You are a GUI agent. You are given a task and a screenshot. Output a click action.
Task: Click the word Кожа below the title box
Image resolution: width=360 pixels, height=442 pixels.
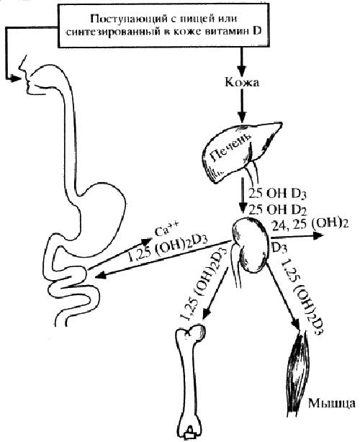click(242, 83)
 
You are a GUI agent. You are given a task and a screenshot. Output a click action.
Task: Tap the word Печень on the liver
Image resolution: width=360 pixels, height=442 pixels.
click(230, 148)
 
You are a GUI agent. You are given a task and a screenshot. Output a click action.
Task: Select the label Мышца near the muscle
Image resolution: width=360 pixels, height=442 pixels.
click(331, 403)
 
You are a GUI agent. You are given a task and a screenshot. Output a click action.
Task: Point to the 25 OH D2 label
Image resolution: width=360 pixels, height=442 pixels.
click(277, 210)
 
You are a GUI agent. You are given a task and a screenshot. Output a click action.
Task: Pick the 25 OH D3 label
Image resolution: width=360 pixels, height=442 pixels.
click(277, 194)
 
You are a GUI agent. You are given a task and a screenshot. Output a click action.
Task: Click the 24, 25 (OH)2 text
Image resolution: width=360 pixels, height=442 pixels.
click(310, 224)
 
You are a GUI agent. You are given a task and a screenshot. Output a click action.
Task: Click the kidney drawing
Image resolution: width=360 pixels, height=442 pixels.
click(251, 245)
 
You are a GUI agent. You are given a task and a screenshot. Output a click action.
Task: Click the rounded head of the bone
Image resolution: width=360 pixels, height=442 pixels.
click(197, 333)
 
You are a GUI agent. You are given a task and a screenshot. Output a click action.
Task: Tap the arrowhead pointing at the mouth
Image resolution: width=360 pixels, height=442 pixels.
click(17, 78)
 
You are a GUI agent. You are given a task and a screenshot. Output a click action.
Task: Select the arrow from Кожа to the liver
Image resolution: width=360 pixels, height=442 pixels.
click(242, 105)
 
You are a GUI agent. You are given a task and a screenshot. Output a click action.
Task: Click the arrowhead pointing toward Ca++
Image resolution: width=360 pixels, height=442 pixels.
click(146, 242)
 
